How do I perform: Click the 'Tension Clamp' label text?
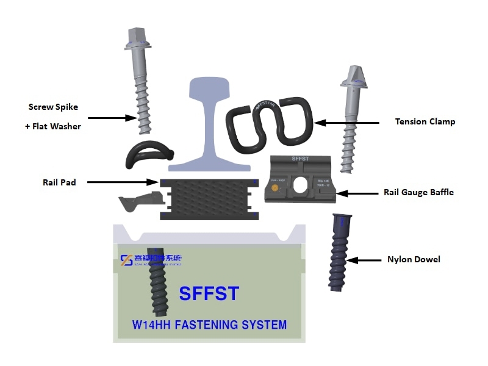coord(425,121)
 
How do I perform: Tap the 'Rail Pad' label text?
coord(59,182)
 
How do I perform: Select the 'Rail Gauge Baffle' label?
coord(418,192)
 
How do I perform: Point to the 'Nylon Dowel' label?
coord(414,259)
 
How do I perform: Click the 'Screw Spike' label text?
coord(53,107)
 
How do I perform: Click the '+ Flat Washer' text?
coord(54,126)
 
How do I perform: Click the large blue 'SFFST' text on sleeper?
coord(209,293)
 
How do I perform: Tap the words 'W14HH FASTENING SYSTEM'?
coord(209,325)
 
